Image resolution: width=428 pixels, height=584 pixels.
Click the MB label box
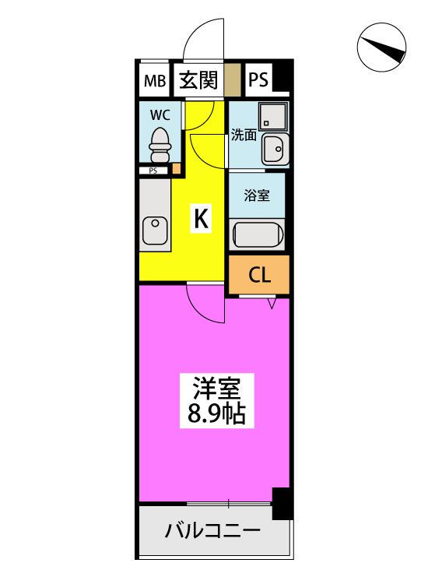click(x=153, y=81)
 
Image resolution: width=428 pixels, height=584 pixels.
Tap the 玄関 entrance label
click(x=198, y=80)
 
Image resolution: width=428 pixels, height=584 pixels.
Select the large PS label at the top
click(x=258, y=81)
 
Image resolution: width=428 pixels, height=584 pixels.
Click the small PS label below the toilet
click(x=153, y=171)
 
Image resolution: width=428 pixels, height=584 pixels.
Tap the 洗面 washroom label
click(x=243, y=135)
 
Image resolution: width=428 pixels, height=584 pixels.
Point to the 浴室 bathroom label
click(x=257, y=195)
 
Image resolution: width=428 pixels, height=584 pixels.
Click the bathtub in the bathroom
click(x=258, y=234)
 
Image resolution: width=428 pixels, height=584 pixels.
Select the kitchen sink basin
click(x=155, y=231)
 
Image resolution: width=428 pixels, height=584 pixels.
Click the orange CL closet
click(x=258, y=275)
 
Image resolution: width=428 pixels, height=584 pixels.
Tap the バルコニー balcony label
click(x=212, y=533)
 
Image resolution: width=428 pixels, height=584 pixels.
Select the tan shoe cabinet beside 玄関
click(x=231, y=80)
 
